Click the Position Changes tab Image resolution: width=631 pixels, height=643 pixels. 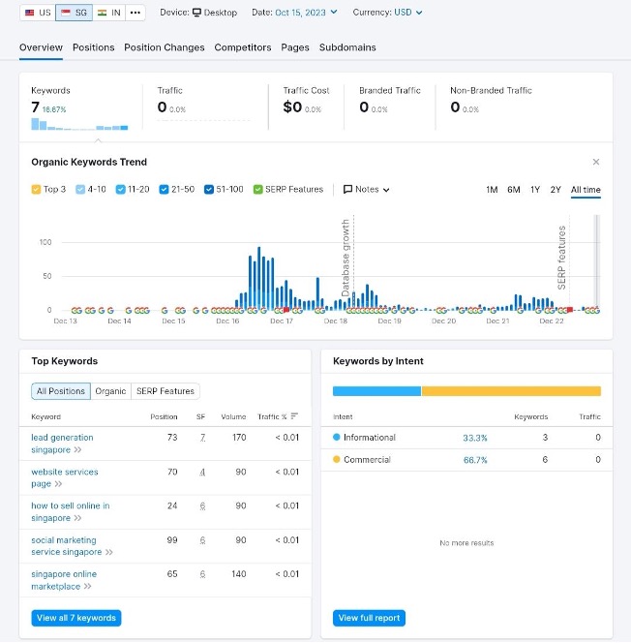165,47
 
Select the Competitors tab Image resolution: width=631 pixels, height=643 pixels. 243,47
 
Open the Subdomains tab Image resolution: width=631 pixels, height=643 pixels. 347,47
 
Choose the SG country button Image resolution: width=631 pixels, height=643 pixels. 74,13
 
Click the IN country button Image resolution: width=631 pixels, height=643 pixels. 109,13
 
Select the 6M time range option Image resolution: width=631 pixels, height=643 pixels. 514,190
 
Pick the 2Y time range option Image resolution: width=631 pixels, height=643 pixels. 556,190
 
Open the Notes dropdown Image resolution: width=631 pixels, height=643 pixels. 367,190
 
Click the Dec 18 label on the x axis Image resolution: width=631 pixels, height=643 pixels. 336,321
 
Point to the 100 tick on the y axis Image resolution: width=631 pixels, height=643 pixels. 45,242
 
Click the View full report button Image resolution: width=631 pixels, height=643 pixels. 369,618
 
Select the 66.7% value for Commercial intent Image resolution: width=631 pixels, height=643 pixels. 474,460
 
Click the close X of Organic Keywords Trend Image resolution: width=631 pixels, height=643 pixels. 596,163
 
